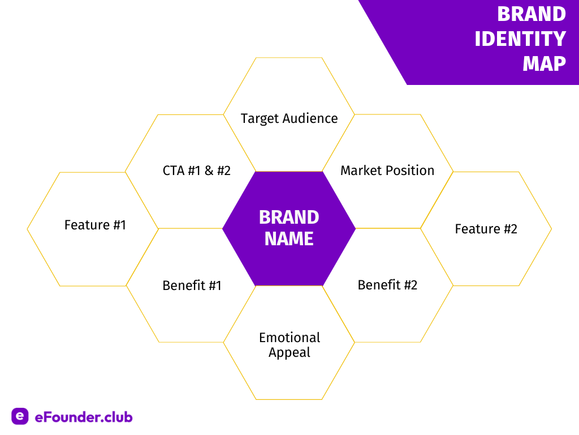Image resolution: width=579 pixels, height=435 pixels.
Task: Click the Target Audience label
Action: coord(289,119)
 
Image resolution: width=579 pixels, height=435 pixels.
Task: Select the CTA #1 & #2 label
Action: coord(196,170)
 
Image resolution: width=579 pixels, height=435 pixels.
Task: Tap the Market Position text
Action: coord(387,170)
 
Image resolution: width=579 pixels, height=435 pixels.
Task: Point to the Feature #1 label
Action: coord(95,225)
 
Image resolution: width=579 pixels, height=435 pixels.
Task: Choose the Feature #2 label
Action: coord(486,229)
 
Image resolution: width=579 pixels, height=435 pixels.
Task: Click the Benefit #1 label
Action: coord(192,285)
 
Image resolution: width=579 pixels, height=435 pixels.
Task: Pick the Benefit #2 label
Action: coord(387,285)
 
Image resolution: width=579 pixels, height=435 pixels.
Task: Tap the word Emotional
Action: coord(289,338)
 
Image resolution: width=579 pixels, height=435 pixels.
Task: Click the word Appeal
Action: coord(289,352)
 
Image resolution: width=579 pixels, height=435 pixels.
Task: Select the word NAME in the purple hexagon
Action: coord(289,238)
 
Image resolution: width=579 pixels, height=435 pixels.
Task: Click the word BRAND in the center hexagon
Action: coord(289,217)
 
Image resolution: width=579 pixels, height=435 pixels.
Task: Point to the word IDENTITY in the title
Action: coord(520,39)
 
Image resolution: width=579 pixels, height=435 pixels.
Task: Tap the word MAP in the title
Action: coord(545,63)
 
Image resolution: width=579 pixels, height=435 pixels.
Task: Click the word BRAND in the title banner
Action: coord(532,14)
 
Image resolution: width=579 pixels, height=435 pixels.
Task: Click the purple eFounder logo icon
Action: coord(20,416)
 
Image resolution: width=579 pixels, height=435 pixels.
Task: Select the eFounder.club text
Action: coord(84,417)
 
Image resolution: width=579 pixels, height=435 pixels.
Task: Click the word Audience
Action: coord(310,118)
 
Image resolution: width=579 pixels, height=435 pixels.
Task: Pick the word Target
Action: coord(260,119)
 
